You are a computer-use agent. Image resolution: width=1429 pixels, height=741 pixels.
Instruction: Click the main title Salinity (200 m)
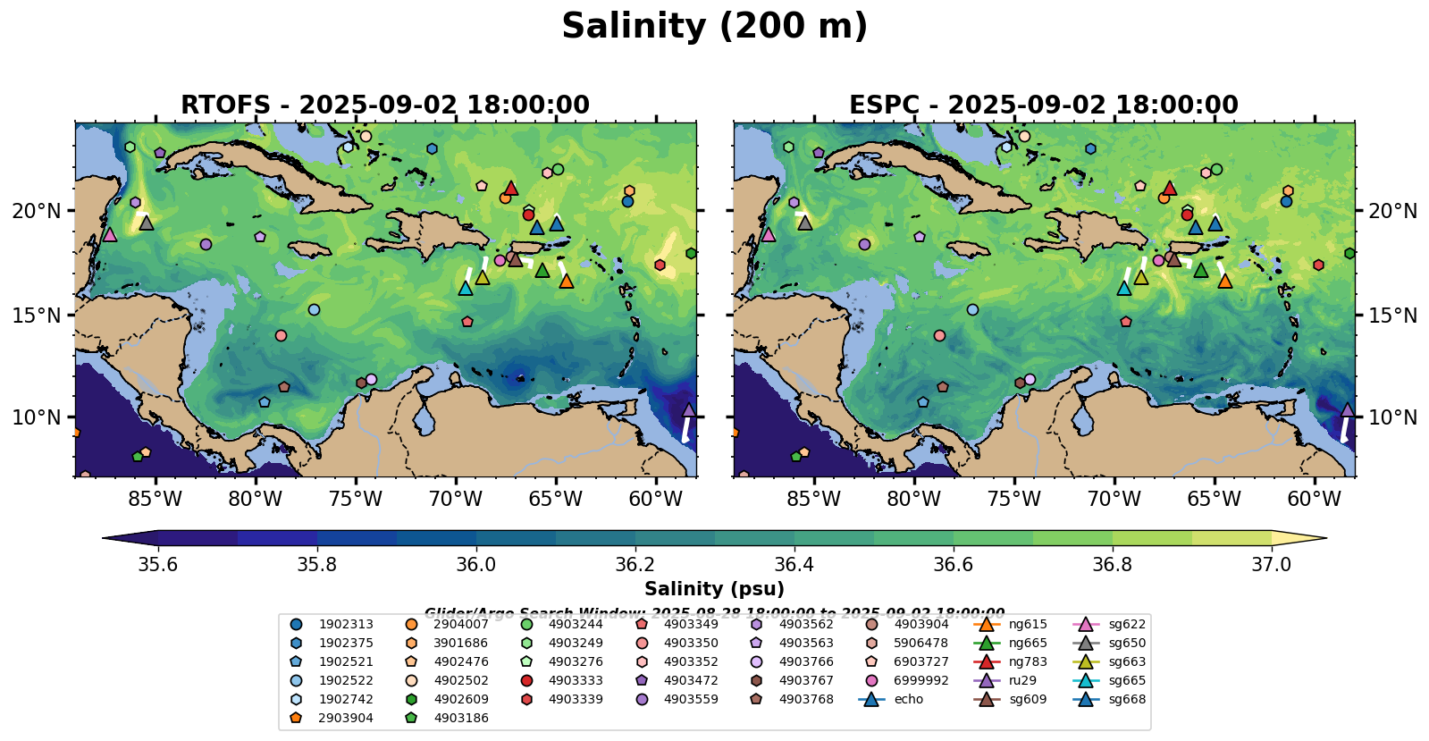coord(714,27)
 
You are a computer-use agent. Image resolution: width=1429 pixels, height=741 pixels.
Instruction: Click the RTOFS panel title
coord(385,105)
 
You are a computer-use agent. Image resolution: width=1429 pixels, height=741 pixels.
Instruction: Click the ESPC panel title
coord(1044,105)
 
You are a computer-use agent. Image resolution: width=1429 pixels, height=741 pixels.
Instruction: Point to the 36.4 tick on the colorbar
coord(794,564)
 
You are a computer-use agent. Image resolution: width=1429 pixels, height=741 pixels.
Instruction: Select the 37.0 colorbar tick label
coord(1271,564)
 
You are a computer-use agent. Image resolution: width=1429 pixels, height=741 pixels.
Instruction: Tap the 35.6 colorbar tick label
coord(158,564)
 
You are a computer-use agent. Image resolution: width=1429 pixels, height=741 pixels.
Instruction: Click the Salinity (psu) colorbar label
coord(714,589)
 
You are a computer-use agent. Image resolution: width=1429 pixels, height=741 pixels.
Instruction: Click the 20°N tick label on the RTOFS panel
coord(37,211)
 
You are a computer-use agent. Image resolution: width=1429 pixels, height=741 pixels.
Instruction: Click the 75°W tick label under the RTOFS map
coord(355,499)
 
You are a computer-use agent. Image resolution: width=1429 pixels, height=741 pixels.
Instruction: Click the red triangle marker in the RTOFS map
coord(511,189)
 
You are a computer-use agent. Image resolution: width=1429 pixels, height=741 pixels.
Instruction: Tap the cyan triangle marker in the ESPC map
coord(1124,288)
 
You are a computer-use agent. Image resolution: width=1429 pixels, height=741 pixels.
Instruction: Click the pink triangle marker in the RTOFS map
coord(110,234)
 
